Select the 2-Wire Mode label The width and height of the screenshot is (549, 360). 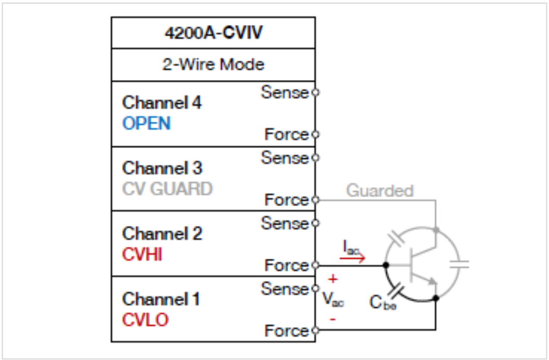[213, 64]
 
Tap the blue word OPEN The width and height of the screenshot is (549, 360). [146, 124]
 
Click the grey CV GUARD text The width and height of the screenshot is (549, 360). [167, 189]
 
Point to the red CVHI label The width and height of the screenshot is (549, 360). [142, 255]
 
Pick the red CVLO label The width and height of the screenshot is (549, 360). [145, 319]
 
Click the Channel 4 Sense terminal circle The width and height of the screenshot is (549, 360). [315, 93]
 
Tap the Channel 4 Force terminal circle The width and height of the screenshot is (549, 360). [315, 134]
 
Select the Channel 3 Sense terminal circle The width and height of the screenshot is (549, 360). [315, 157]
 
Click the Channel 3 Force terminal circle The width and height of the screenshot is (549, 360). [315, 199]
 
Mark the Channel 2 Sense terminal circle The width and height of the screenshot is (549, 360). [315, 223]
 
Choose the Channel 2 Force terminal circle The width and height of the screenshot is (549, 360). [315, 265]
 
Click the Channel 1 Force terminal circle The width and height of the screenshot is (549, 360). [315, 330]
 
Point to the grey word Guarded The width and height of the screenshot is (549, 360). [380, 191]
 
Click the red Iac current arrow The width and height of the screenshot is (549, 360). [356, 257]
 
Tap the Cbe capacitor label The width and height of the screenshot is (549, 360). [383, 302]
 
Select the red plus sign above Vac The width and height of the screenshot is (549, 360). [333, 279]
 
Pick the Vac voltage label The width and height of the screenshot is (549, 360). [333, 300]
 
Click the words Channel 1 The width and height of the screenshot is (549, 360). [161, 299]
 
